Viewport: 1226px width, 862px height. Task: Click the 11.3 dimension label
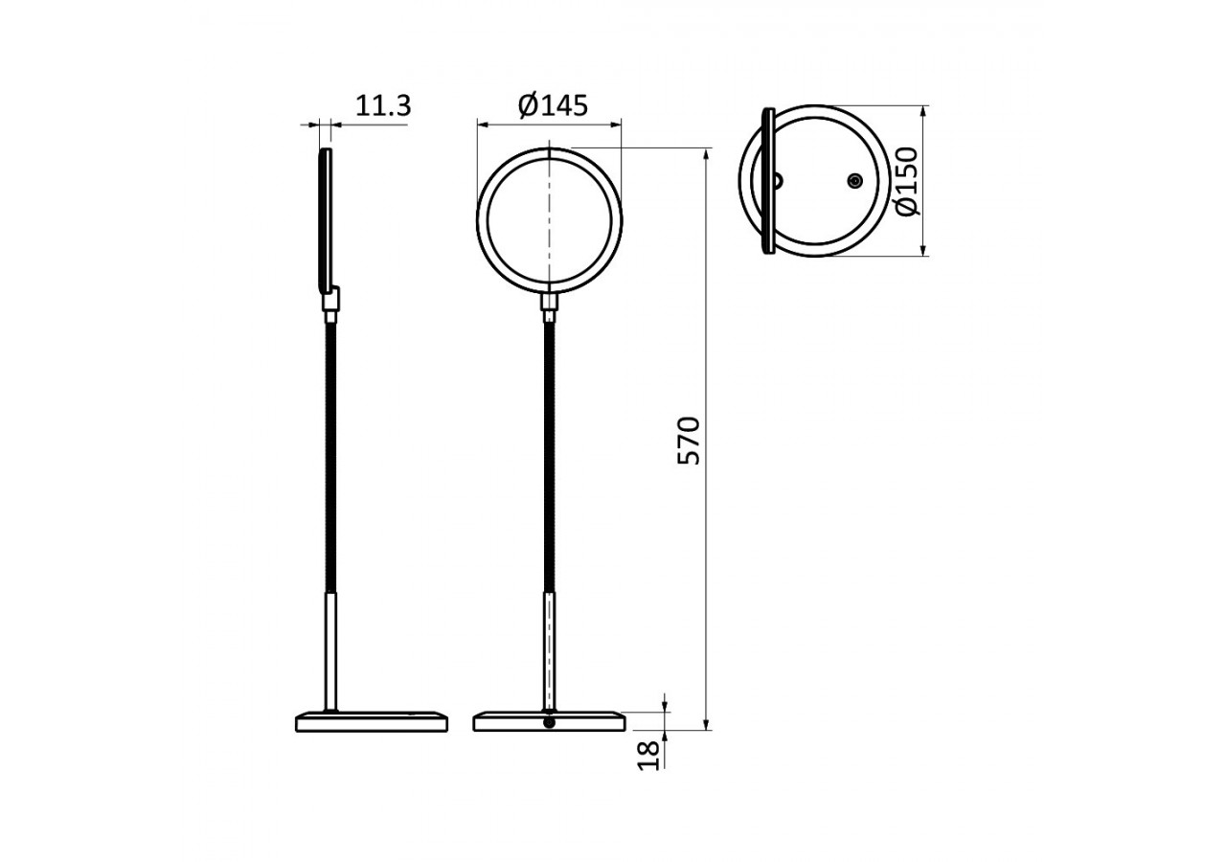pos(383,106)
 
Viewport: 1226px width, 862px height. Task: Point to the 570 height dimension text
pos(690,441)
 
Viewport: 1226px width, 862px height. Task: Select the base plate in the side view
pos(372,722)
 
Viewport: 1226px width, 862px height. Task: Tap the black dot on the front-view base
pos(549,723)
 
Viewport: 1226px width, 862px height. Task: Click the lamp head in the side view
pos(326,220)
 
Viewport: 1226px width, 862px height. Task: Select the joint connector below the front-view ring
pos(550,306)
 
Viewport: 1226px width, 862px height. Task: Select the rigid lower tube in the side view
pos(331,651)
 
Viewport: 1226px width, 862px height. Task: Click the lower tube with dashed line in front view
pos(550,651)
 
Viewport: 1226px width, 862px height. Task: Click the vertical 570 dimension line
pos(707,575)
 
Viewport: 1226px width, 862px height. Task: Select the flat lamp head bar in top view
pos(767,181)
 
